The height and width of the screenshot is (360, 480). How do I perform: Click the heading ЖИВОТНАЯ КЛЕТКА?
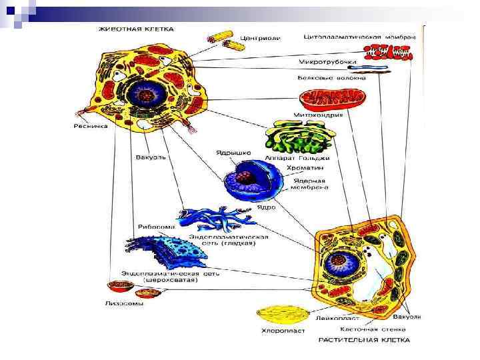tap(136, 29)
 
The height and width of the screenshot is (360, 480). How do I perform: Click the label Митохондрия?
tap(318, 115)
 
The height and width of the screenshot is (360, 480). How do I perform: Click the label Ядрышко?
tap(233, 153)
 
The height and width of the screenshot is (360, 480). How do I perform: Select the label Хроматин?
tap(304, 169)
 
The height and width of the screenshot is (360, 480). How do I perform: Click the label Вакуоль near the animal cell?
tap(149, 158)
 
